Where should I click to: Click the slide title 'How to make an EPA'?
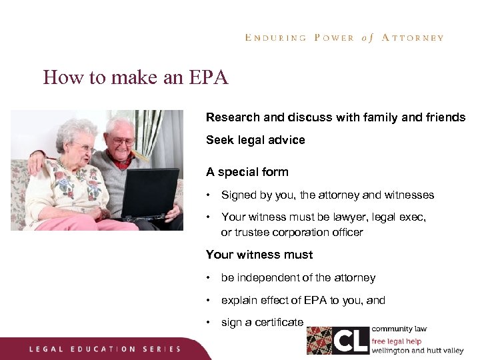pos(135,78)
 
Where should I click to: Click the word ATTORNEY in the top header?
pos(413,38)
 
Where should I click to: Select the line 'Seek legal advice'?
pos(255,140)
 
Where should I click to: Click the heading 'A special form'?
pos(247,172)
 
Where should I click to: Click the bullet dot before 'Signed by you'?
pos(209,195)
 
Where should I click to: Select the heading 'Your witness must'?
pos(259,255)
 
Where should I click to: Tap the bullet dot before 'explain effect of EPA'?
pos(209,300)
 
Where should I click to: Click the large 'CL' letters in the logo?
pos(351,340)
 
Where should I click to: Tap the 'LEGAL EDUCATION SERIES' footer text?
pos(105,349)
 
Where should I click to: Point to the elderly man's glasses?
pos(123,141)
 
